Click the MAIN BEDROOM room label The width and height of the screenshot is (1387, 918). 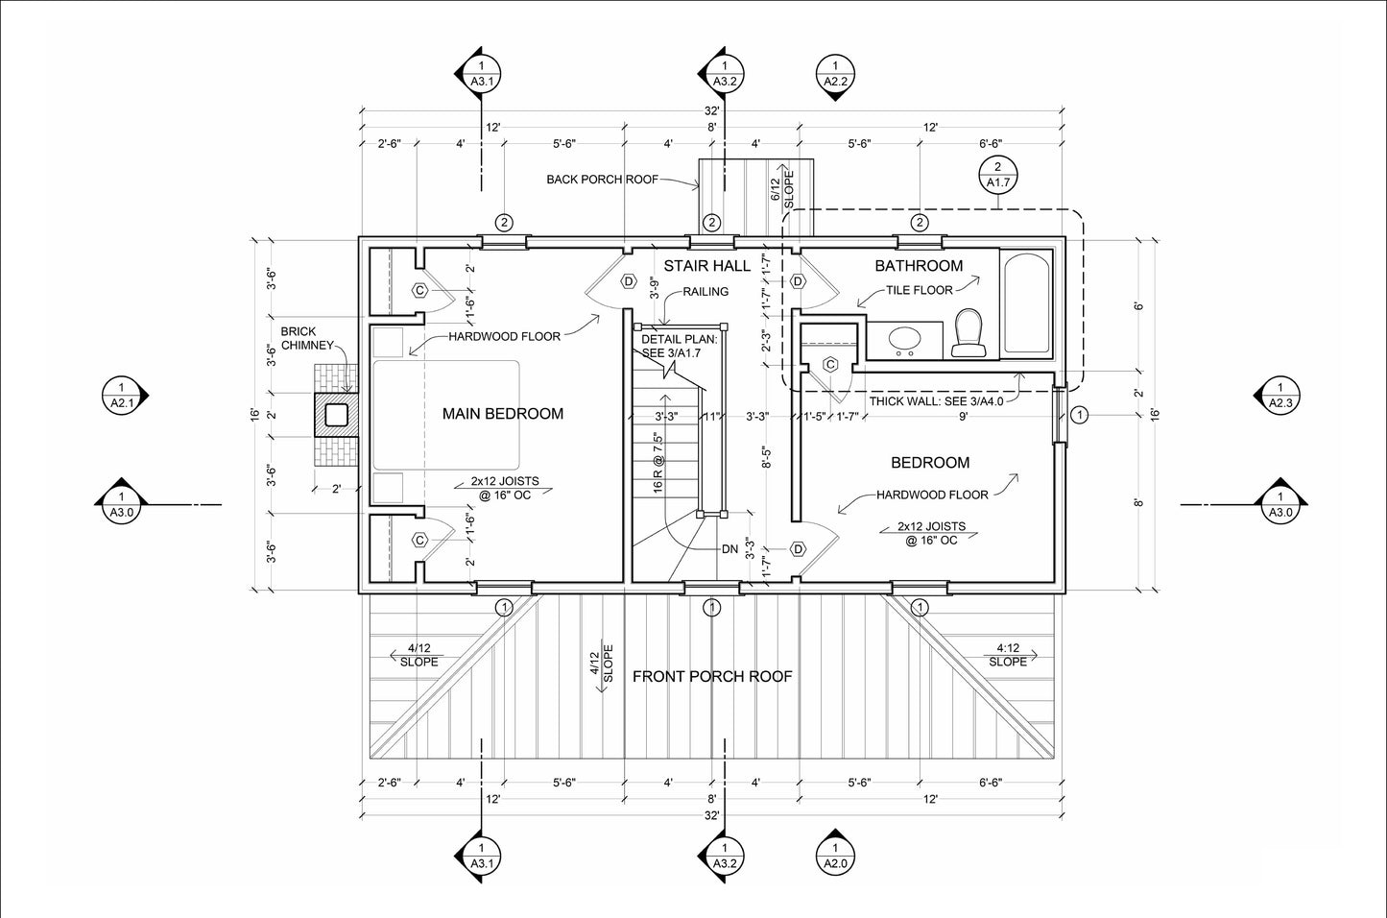tap(503, 414)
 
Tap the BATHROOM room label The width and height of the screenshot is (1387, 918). tap(919, 266)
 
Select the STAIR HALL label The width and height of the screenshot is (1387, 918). tap(707, 266)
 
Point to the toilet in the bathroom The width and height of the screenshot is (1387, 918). tap(969, 332)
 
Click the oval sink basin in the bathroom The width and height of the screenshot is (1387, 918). tap(904, 340)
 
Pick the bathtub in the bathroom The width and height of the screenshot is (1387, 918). tap(1026, 303)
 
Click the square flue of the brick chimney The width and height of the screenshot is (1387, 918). tap(336, 415)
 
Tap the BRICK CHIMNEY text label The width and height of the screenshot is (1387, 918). tap(307, 338)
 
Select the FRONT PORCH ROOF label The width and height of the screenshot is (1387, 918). tap(712, 676)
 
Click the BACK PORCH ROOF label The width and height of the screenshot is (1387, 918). tap(602, 180)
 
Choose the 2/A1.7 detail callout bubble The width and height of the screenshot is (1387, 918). tap(998, 175)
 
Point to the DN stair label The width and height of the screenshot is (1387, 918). tap(730, 549)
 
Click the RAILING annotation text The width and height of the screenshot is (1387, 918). tap(705, 292)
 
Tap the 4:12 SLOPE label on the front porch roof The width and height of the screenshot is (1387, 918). tap(1008, 655)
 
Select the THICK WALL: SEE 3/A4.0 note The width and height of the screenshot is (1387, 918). tap(936, 400)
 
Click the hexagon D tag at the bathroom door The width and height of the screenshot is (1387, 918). tap(799, 282)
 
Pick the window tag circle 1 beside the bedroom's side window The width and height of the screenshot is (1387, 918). tap(1079, 415)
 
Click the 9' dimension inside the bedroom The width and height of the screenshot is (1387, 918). tap(964, 417)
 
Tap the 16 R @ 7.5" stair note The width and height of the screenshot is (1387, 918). tap(658, 463)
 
